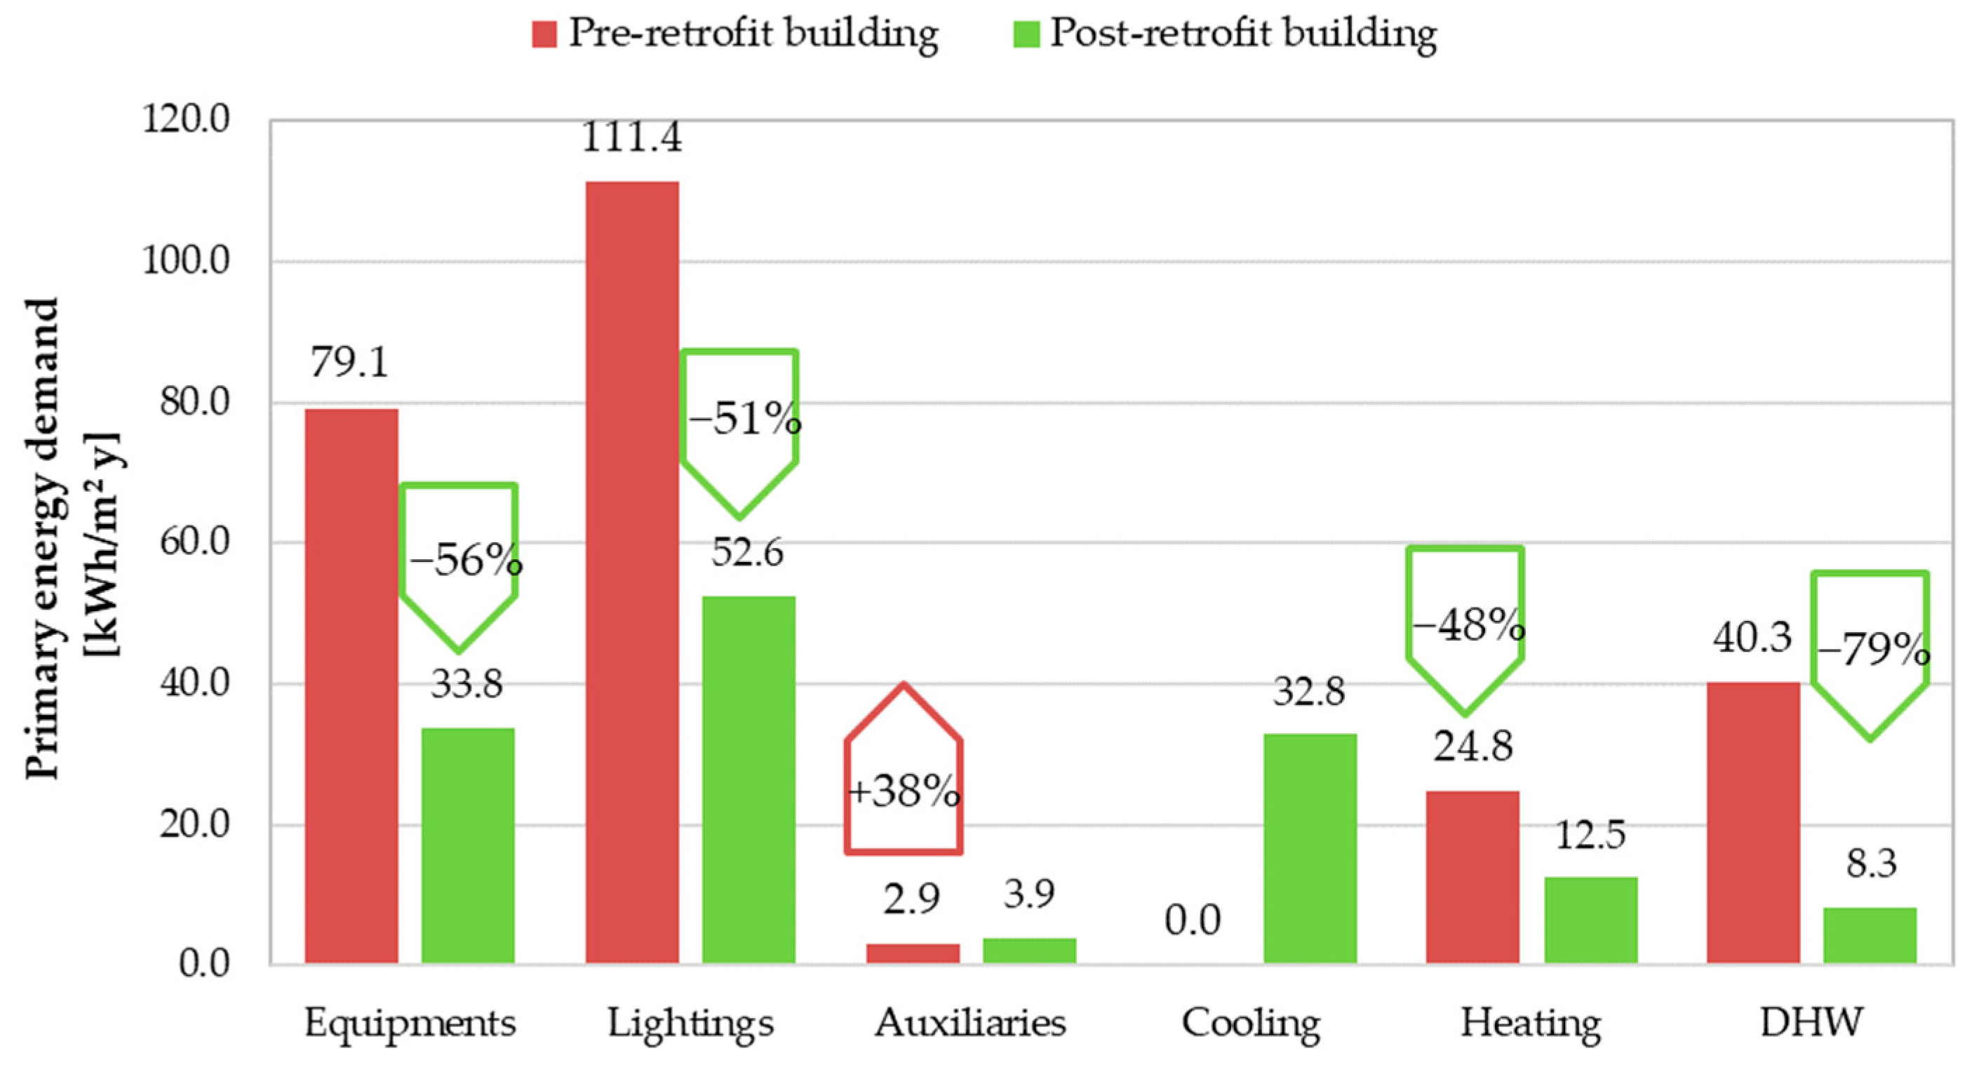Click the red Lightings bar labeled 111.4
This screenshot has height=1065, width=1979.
point(631,572)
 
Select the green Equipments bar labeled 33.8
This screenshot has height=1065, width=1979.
point(467,845)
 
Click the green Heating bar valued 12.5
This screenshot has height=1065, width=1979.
point(1590,919)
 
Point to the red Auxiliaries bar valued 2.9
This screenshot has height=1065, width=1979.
point(912,953)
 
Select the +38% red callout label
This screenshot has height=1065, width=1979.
point(904,791)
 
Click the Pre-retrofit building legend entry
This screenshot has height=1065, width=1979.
point(735,33)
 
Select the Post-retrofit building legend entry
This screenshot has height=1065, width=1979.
point(1225,33)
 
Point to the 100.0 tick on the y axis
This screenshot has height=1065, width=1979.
point(187,261)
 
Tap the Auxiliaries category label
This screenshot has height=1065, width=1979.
point(970,1023)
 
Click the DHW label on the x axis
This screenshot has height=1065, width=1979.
point(1811,1023)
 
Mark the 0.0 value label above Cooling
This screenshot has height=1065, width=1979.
point(1193,920)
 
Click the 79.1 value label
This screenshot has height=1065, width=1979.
point(349,363)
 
